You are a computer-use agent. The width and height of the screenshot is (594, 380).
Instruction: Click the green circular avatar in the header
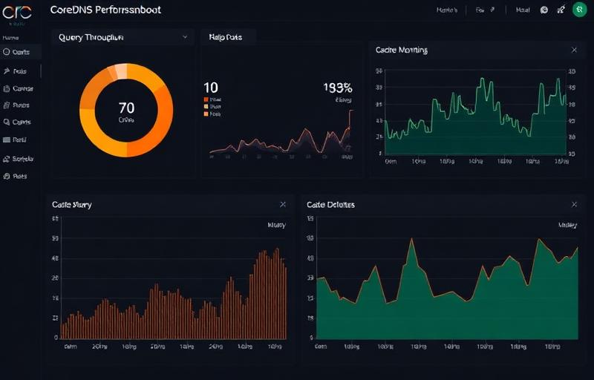tap(579, 10)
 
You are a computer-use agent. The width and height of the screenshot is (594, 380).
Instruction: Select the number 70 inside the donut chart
tap(126, 108)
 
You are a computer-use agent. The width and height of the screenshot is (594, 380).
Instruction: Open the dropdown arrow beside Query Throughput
tap(185, 36)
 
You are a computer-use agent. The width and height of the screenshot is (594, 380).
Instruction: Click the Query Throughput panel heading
tap(91, 36)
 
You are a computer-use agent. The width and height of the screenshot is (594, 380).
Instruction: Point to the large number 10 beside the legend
tap(210, 88)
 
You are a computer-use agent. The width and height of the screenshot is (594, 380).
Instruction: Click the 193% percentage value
tap(338, 88)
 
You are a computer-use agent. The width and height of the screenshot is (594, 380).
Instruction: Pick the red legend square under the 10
tap(206, 99)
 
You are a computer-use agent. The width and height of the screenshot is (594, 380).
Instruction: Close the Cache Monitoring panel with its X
tap(574, 50)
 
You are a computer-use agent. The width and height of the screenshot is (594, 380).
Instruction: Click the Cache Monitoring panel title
tap(401, 50)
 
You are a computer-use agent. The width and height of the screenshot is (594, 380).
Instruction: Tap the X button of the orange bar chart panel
tap(283, 204)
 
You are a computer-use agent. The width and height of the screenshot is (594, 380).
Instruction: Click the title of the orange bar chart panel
tap(72, 204)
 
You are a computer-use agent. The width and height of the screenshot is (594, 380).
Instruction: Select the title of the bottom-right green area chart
tap(330, 204)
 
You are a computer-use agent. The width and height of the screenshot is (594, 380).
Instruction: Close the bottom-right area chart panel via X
tap(574, 204)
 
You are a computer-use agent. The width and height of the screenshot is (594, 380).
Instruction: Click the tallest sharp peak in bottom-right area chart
tap(411, 240)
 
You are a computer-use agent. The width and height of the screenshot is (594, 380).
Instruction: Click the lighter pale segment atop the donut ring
tap(119, 71)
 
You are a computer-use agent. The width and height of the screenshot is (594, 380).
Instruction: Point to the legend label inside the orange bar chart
tap(276, 224)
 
